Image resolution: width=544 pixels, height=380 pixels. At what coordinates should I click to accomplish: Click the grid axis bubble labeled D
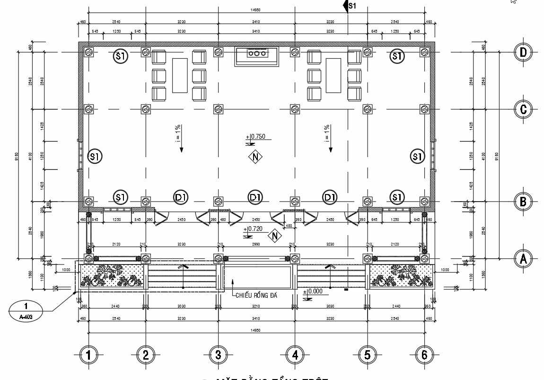pos(523,52)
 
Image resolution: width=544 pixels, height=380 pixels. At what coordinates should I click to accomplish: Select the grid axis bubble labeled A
pos(523,258)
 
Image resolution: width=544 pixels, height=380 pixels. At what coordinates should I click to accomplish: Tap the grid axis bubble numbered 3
pos(218,354)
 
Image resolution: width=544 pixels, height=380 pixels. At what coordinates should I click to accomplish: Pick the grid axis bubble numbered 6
pos(424,354)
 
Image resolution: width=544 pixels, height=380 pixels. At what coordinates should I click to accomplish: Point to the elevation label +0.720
pos(255,229)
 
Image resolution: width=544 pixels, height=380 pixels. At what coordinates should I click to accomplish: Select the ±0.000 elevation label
pos(314,292)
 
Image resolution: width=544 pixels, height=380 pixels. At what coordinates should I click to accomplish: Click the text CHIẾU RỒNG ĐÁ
pos(256,296)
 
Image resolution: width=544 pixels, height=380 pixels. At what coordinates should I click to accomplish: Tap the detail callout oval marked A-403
pos(26,310)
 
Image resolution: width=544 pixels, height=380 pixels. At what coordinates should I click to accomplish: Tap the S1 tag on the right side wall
pos(417,156)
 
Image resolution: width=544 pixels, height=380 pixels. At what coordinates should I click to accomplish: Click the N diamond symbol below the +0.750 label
pos(255,157)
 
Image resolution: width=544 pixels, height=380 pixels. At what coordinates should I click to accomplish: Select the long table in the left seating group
pos(179,75)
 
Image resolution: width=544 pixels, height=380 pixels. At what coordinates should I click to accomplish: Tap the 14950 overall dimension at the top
pos(255,10)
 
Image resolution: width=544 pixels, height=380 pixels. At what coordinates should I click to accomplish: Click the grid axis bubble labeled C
pos(523,109)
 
